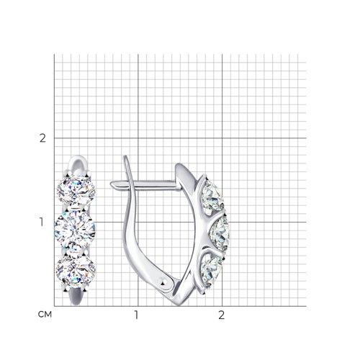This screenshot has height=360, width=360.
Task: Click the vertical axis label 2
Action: [x=42, y=138]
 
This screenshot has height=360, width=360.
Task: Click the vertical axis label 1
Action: [x=42, y=222]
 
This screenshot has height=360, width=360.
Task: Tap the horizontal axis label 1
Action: [x=136, y=315]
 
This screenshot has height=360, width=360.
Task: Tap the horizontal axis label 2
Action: [x=222, y=315]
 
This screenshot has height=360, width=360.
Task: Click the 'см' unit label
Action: [x=45, y=315]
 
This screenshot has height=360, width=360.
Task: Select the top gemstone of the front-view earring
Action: [x=76, y=190]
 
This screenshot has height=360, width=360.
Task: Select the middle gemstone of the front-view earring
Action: [x=75, y=230]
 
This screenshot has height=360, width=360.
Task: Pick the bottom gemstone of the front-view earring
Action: [x=76, y=271]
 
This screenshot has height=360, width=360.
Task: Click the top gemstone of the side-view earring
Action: [x=212, y=196]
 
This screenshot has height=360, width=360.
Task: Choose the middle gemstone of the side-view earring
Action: [x=220, y=234]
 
